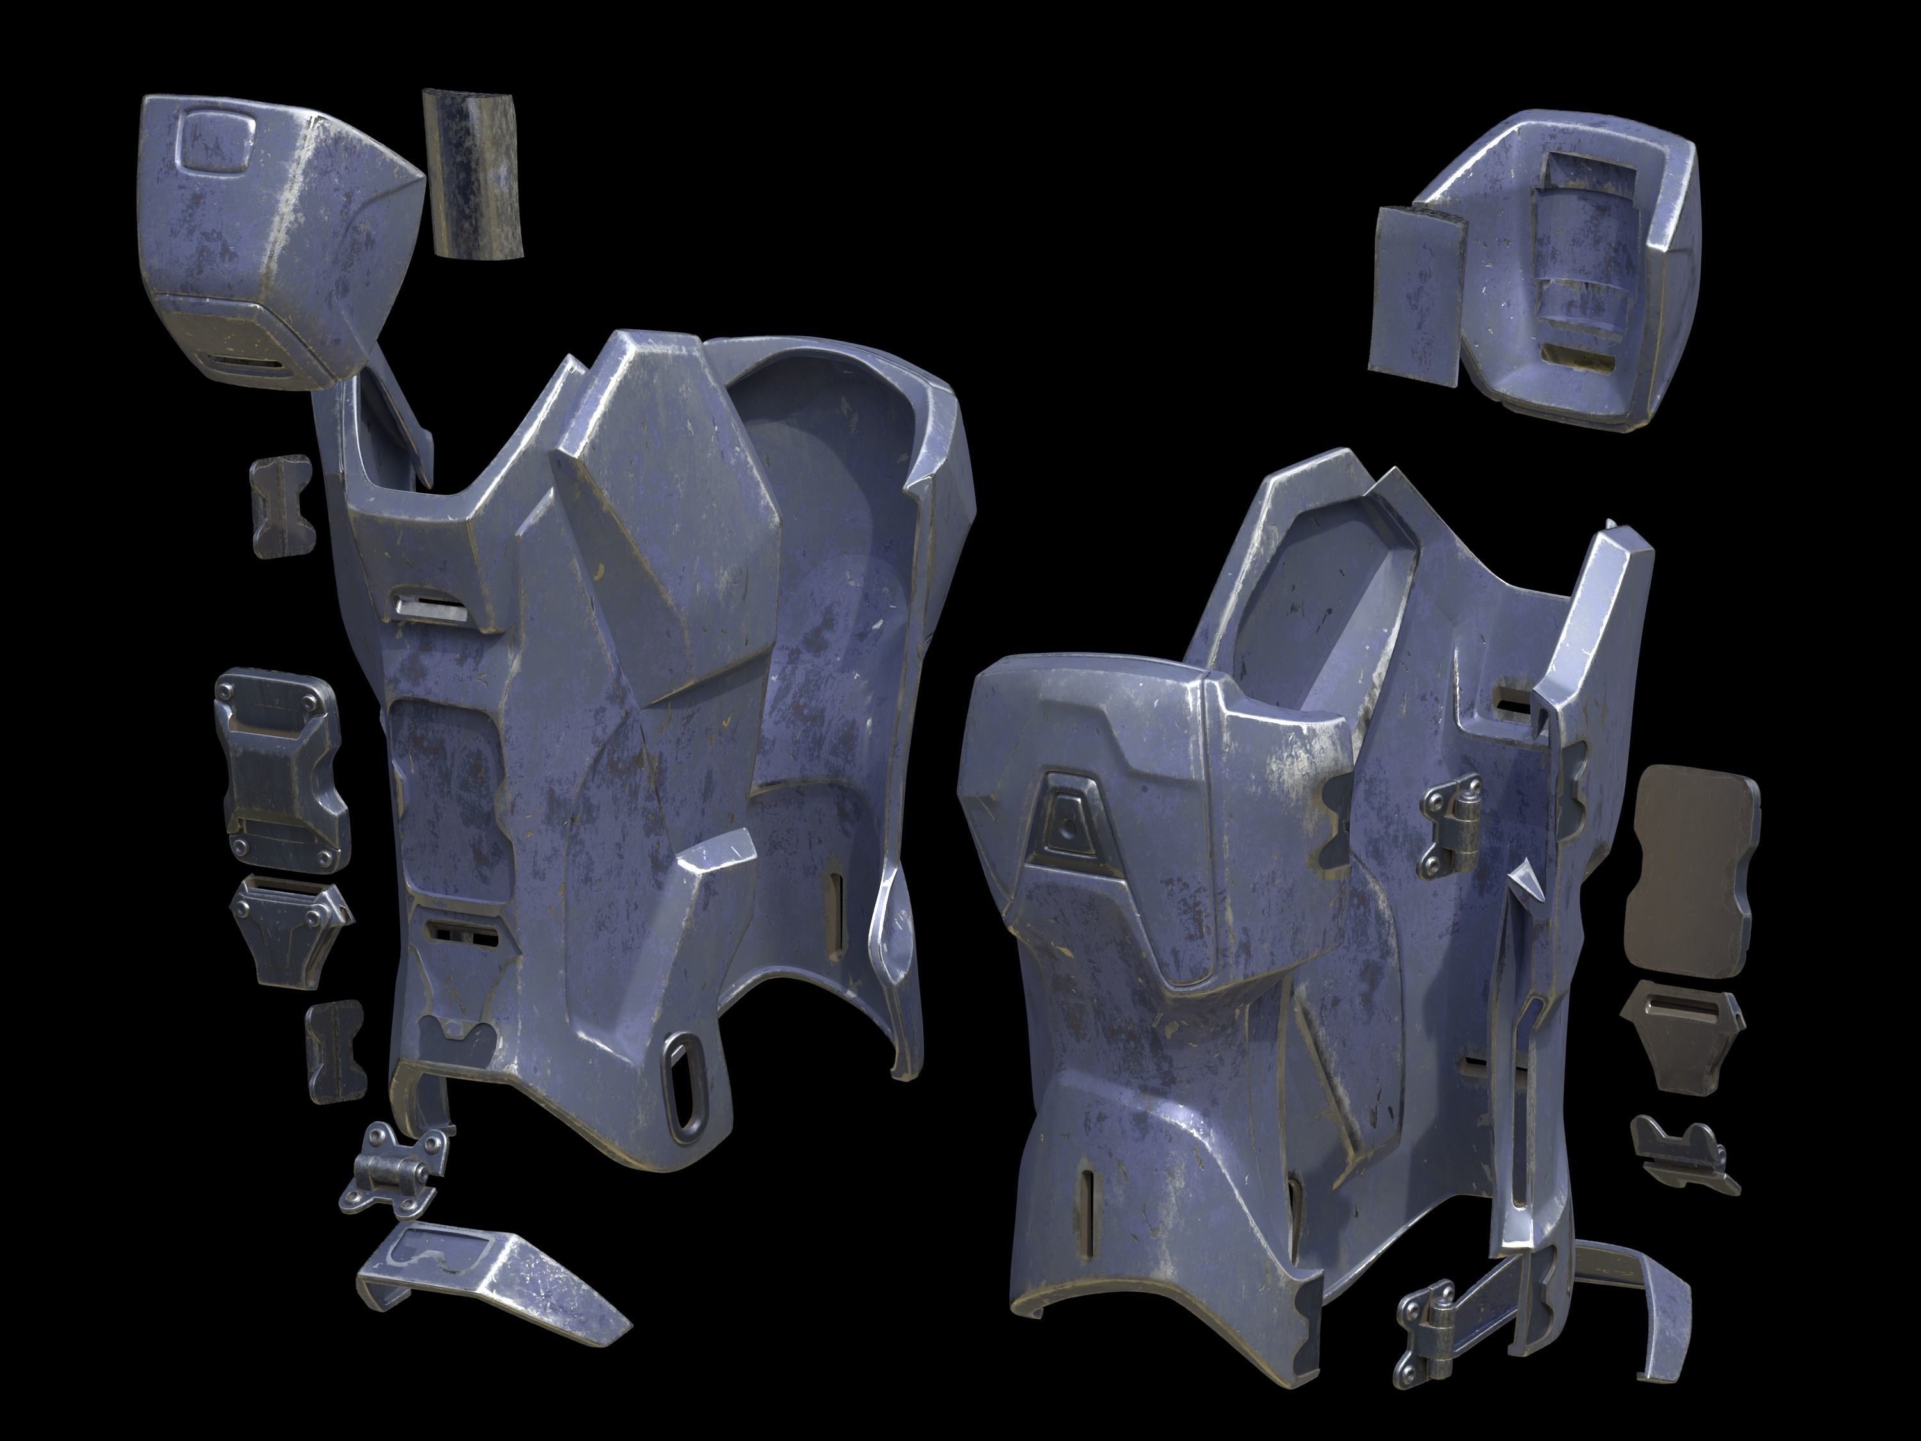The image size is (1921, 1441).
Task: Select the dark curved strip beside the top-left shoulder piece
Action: (x=473, y=174)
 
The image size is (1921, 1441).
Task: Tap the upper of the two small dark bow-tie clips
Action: (x=280, y=505)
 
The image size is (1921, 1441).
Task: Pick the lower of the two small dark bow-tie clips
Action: (x=334, y=1051)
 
